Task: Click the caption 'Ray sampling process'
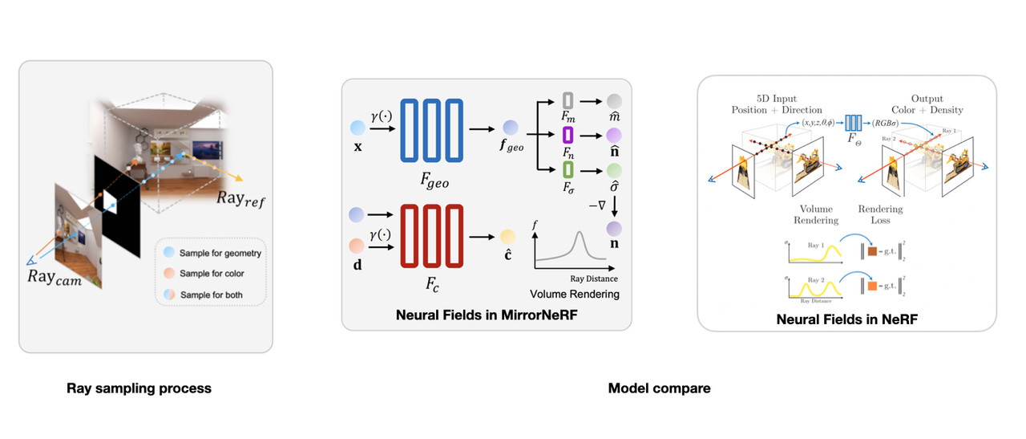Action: [x=139, y=388]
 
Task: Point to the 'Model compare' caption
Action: [x=659, y=388]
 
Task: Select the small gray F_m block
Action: [x=568, y=100]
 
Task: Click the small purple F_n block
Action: [x=568, y=133]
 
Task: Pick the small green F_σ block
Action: [x=568, y=169]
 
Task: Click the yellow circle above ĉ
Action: [x=507, y=236]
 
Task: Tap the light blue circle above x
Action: [x=357, y=127]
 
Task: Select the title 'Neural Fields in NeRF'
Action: [x=846, y=319]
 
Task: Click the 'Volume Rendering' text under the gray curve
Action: [x=575, y=295]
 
